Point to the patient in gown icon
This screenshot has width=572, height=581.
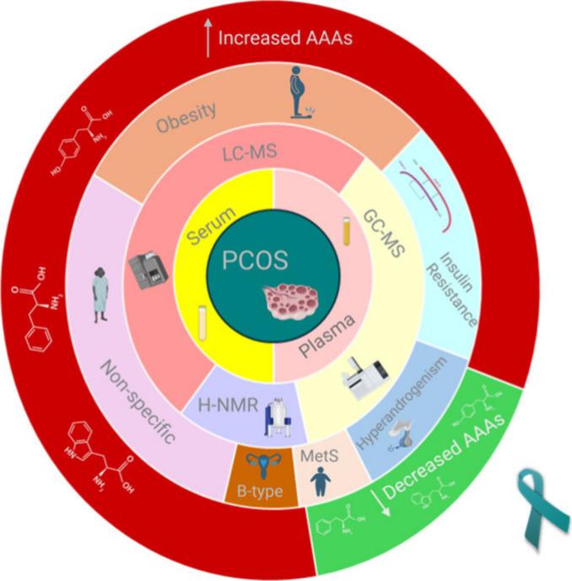coord(100,295)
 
